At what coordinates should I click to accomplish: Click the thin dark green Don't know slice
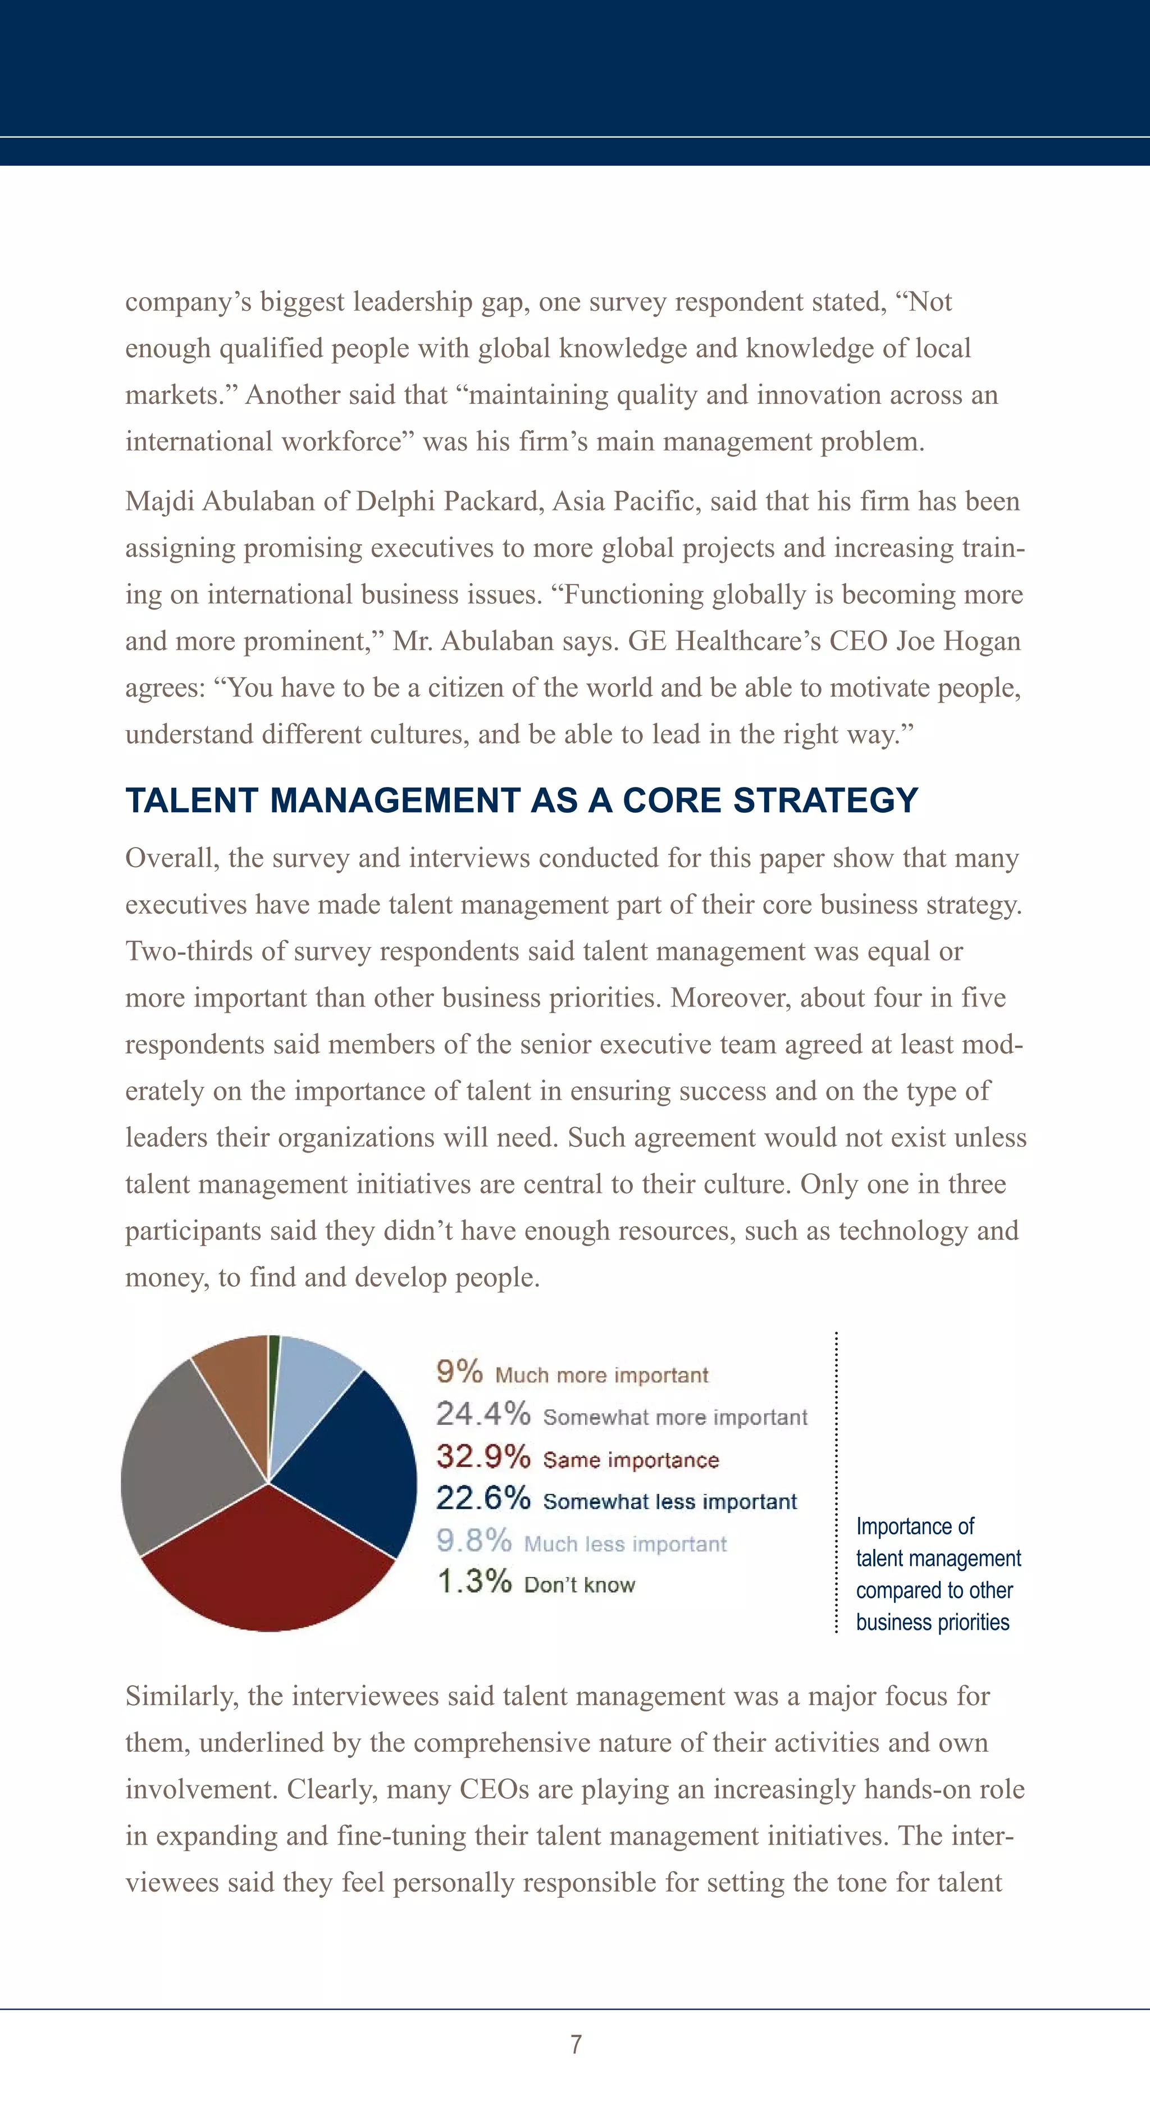[273, 1375]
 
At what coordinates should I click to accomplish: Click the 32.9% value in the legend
[483, 1456]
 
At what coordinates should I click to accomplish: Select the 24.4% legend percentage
[483, 1414]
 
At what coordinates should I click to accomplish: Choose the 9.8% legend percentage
[474, 1540]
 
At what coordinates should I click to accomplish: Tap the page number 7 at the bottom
[576, 2044]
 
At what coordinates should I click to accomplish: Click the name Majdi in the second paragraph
[159, 501]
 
